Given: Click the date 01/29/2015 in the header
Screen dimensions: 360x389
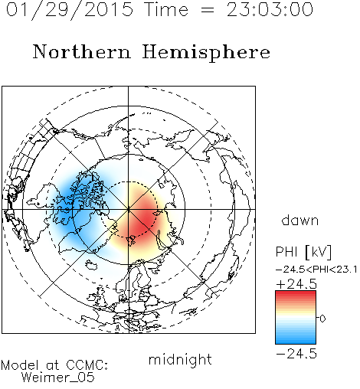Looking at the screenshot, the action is click(x=70, y=10).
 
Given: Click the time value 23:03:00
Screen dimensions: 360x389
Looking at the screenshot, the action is click(x=270, y=9).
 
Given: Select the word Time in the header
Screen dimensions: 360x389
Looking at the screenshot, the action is click(x=166, y=9).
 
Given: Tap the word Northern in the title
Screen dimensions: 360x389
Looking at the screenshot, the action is click(x=82, y=52).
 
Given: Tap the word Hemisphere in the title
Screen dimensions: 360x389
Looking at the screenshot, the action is click(x=206, y=53).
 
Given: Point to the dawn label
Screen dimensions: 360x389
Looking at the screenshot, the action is click(x=300, y=220).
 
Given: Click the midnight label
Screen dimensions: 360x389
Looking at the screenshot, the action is click(x=180, y=360).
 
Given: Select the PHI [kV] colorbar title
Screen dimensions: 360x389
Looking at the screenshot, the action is click(x=303, y=252).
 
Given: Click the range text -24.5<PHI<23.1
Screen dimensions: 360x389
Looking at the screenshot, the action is click(x=316, y=270).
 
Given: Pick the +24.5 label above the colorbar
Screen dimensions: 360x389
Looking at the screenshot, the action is click(x=296, y=284).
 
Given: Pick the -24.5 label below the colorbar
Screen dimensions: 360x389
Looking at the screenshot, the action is click(x=296, y=354).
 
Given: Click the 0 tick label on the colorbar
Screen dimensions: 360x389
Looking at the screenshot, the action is click(x=322, y=319).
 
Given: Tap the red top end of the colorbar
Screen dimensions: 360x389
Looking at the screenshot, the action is click(x=296, y=293).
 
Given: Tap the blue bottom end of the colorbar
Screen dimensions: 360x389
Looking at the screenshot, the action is click(x=296, y=342).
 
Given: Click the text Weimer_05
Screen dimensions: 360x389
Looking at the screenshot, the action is click(x=58, y=378).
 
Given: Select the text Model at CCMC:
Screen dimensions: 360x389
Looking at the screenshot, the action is click(x=54, y=365).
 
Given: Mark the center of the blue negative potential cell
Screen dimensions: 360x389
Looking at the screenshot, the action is click(x=70, y=204).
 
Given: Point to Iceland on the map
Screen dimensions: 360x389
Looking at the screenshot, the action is click(x=91, y=265).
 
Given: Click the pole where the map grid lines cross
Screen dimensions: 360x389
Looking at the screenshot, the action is click(x=129, y=209).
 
